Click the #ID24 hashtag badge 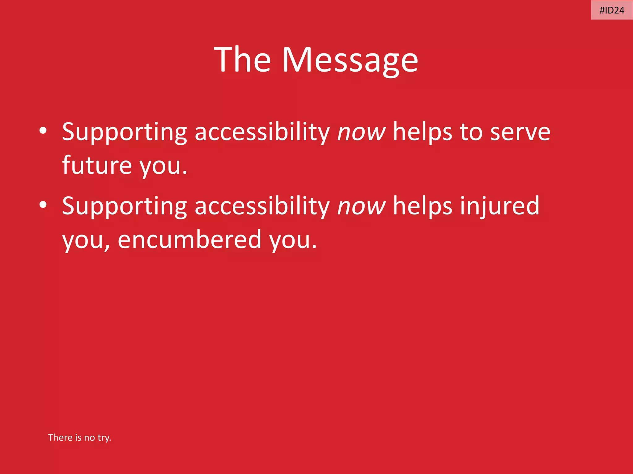click(612, 10)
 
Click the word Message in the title click(350, 60)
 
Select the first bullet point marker click(43, 131)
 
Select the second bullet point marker click(43, 205)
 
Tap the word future click(97, 165)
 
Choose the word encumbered click(190, 239)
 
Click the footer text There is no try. click(79, 438)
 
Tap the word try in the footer click(104, 438)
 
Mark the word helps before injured click(423, 206)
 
